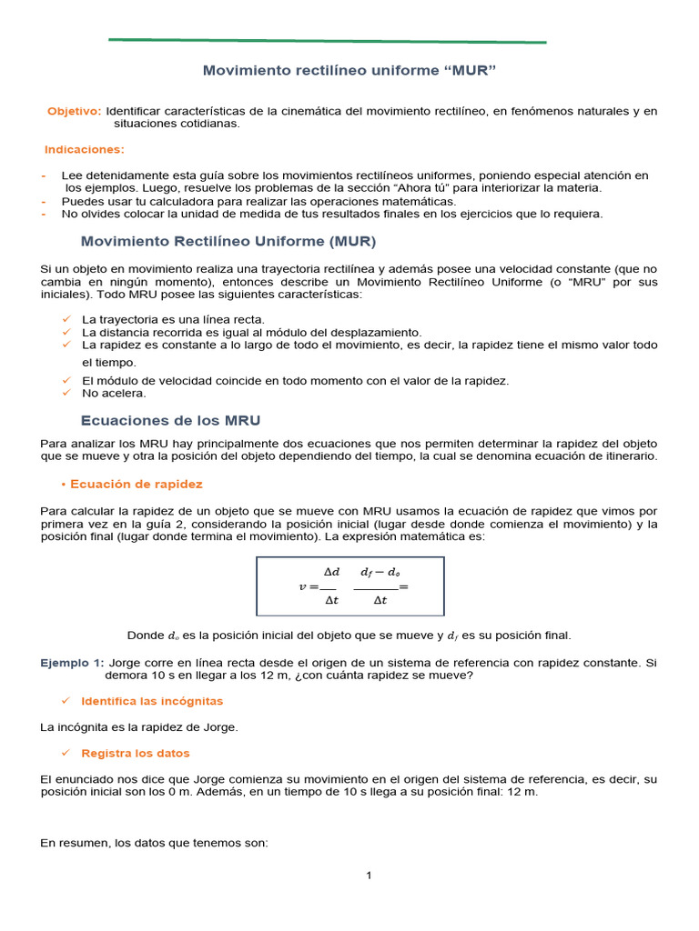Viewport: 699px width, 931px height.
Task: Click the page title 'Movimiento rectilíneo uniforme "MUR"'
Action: [349, 70]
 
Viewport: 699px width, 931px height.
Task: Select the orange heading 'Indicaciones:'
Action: [85, 149]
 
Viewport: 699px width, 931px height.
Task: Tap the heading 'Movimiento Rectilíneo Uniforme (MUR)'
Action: [228, 242]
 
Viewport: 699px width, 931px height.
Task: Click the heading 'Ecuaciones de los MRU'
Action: [171, 421]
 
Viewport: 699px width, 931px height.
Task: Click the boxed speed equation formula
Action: [350, 586]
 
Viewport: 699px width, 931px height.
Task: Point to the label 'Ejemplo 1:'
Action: [72, 663]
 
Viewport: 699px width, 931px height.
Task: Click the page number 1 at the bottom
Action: [369, 876]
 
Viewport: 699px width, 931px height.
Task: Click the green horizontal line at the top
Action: [328, 41]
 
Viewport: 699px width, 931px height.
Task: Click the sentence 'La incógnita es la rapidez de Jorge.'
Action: [139, 727]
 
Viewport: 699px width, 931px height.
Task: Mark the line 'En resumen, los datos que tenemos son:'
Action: [154, 843]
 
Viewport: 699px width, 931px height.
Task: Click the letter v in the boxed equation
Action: [302, 586]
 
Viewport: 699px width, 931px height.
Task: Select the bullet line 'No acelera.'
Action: [114, 394]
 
